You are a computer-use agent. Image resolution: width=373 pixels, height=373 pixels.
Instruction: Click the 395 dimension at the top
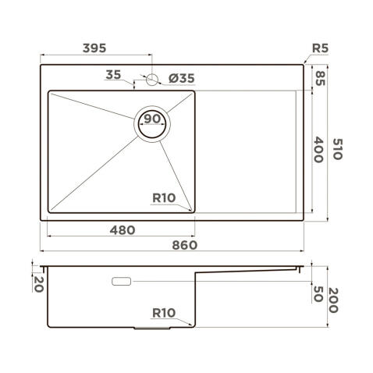coord(94,48)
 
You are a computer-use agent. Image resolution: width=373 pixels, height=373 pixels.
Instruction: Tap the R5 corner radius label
coord(320,48)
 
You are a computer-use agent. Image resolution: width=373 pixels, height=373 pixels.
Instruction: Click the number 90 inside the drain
coord(152,119)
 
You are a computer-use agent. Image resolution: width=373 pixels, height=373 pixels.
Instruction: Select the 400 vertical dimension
coord(319,148)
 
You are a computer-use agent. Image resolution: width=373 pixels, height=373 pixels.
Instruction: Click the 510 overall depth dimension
coord(337,148)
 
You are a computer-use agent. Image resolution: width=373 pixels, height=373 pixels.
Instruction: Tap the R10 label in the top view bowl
coord(163,197)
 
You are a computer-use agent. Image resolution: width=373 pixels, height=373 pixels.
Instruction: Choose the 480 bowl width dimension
coord(121,229)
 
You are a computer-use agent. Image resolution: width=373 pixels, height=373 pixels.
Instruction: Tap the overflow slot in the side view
coord(122,280)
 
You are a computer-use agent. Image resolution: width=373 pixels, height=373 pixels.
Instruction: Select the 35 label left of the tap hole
coord(114,75)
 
